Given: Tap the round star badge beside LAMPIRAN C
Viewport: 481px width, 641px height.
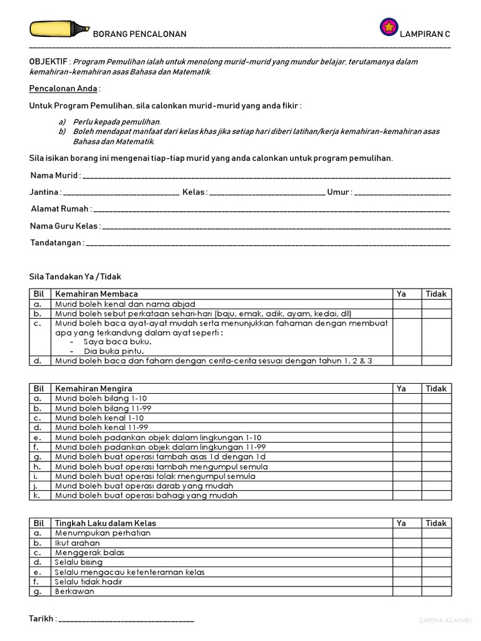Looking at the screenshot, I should (389, 27).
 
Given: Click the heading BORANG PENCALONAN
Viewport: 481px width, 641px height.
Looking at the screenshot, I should (140, 34).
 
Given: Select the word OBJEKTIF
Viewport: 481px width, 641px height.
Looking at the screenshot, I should (49, 62).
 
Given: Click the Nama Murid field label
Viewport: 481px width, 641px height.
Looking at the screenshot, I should (54, 175).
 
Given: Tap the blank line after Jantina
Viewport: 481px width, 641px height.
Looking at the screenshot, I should (121, 193).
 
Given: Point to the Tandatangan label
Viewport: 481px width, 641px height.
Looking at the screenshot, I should (56, 243).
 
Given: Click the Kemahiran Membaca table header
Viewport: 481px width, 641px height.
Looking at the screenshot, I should (96, 294).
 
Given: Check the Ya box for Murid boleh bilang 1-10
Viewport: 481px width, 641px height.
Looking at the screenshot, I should (406, 399).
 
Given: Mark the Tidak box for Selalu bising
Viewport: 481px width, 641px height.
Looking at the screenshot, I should (436, 562).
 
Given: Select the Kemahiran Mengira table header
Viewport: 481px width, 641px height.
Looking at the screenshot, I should (93, 389).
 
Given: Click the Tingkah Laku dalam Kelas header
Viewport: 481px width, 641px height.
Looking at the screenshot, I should (105, 523).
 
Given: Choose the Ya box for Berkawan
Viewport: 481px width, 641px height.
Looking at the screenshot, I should (406, 592).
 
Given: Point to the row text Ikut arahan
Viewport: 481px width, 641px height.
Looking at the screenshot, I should (77, 543).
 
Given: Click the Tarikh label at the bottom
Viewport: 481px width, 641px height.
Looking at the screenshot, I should (42, 619).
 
